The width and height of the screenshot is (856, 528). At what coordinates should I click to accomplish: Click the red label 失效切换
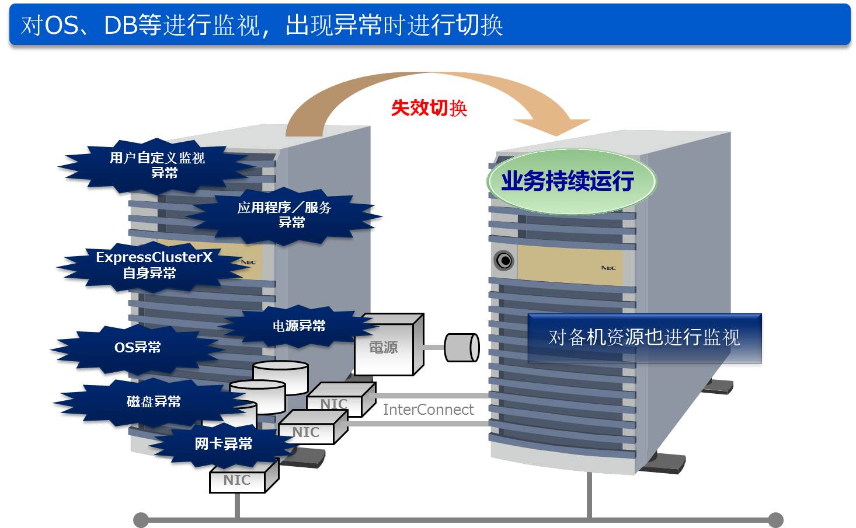click(x=429, y=108)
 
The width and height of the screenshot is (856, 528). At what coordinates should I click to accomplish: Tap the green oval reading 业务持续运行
click(x=570, y=181)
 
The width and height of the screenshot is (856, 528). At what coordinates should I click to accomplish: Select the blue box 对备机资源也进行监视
click(x=644, y=338)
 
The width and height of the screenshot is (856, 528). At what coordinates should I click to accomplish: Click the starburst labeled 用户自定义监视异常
click(x=158, y=165)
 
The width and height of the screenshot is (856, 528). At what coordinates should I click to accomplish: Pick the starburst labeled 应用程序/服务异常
click(x=284, y=215)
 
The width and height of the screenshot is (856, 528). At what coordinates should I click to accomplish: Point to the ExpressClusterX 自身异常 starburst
click(x=153, y=265)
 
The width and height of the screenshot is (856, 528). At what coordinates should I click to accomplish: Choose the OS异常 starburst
click(x=138, y=348)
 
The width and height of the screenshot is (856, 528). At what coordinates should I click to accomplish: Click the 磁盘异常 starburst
click(x=153, y=401)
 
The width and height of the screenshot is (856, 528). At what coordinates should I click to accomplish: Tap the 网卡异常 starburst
click(x=224, y=444)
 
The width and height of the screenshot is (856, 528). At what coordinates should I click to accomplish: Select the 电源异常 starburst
click(x=299, y=326)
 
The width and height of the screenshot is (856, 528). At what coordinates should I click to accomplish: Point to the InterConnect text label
click(x=428, y=410)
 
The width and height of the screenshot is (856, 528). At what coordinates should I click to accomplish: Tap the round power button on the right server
click(x=504, y=260)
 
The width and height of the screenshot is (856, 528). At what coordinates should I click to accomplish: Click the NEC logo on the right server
click(x=608, y=268)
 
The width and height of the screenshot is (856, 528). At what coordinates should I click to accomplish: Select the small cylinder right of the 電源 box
click(x=462, y=348)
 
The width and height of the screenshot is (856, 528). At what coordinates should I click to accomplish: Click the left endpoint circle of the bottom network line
click(x=141, y=519)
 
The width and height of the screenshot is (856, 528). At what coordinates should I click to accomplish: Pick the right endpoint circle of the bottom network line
click(x=775, y=519)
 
